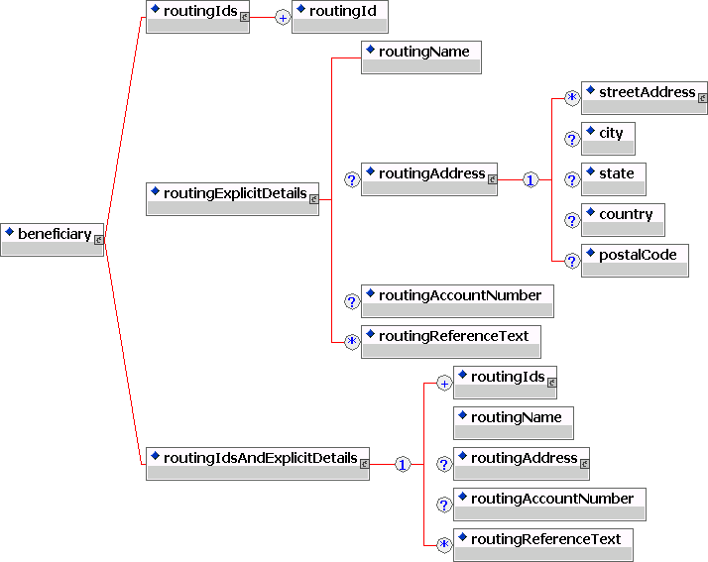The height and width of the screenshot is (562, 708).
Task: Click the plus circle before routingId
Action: point(283,17)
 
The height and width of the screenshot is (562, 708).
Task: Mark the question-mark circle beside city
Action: point(571,139)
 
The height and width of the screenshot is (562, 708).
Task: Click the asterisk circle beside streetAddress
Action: point(571,98)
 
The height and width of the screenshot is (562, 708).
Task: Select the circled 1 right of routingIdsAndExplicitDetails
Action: point(403,464)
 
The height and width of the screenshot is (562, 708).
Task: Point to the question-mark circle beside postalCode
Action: point(571,261)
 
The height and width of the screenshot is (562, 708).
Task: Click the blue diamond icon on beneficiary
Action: point(10,232)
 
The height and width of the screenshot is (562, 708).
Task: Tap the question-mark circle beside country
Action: point(571,220)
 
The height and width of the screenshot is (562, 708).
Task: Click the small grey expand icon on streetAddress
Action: point(702,98)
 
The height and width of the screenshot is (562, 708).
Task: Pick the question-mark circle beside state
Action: point(571,179)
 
